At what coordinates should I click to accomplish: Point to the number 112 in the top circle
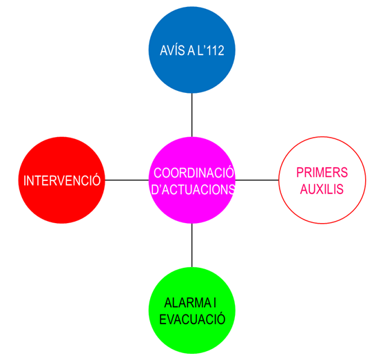214,50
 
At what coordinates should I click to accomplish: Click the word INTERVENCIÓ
62,180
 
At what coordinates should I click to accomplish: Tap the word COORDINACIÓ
194,173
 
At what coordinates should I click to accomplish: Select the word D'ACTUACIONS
193,189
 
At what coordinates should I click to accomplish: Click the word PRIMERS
322,173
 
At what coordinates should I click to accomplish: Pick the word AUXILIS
322,189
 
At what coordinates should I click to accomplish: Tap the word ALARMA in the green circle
187,303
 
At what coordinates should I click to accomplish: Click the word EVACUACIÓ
192,319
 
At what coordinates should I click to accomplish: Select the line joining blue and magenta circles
191,115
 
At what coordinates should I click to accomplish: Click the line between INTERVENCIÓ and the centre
127,180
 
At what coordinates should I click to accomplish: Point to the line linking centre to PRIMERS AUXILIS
257,180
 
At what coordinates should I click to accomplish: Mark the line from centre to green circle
191,245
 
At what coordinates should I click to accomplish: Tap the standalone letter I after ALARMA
215,303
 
